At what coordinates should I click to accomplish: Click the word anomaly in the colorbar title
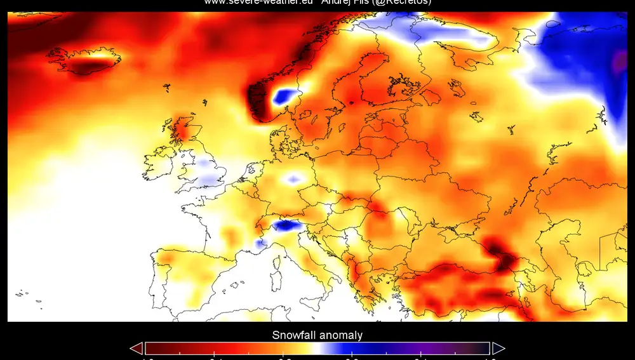tap(341, 335)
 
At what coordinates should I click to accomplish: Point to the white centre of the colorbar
tap(317, 348)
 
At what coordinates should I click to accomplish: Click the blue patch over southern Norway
tap(285, 97)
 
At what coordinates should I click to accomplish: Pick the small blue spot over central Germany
tap(293, 180)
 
